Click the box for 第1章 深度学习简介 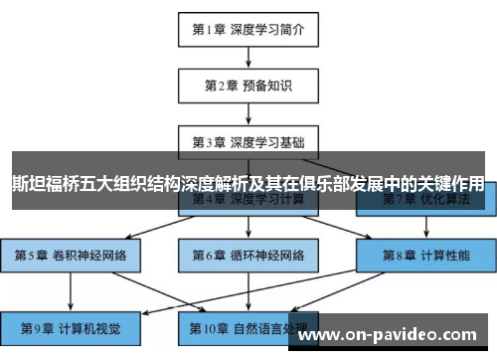click(248, 29)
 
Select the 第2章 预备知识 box click(248, 86)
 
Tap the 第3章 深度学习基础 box click(248, 141)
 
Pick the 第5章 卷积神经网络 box click(71, 255)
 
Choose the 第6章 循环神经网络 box click(248, 255)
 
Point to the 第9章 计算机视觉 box click(71, 325)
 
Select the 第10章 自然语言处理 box click(248, 325)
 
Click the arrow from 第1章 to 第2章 click(248, 57)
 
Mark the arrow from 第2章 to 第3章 click(248, 113)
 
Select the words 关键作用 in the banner click(451, 184)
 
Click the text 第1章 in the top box click(211, 29)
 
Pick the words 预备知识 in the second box click(268, 86)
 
